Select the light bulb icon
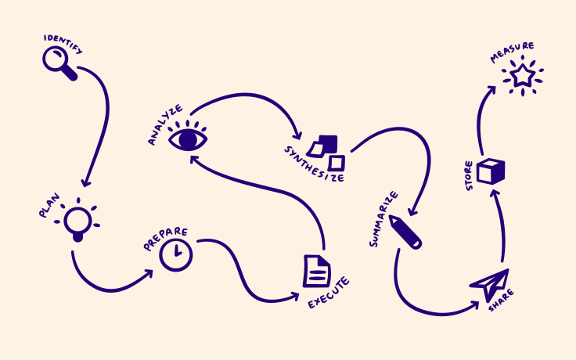pyautogui.click(x=77, y=221)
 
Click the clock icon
pyautogui.click(x=176, y=255)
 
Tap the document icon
pyautogui.click(x=316, y=272)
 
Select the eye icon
pyautogui.click(x=189, y=139)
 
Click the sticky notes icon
pyautogui.click(x=327, y=152)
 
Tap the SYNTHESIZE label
pyautogui.click(x=313, y=162)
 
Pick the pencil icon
pyautogui.click(x=405, y=232)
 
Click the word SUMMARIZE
pyautogui.click(x=384, y=218)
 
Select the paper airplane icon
pyautogui.click(x=491, y=285)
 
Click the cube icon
pyautogui.click(x=491, y=171)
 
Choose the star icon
pyautogui.click(x=520, y=76)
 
